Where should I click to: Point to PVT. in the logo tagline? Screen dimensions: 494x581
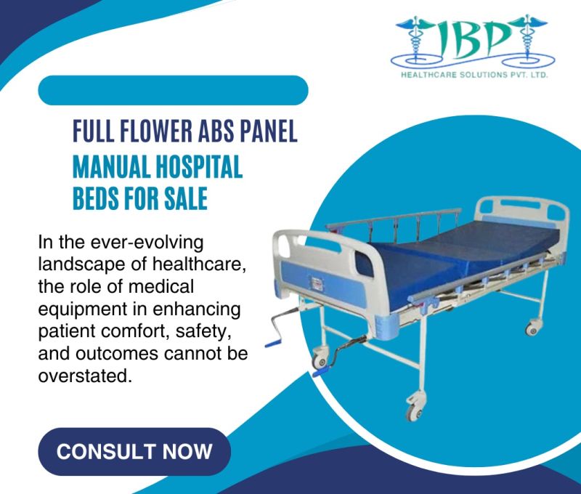(x=529, y=75)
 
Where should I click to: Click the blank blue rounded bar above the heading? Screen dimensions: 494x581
(x=173, y=91)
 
